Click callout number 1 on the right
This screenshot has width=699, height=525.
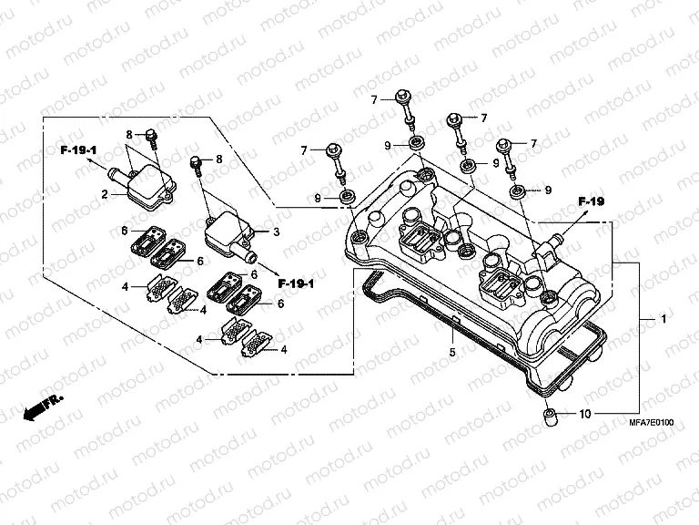664,320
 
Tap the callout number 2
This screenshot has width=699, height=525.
106,194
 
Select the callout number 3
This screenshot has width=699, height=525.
277,232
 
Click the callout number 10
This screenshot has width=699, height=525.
584,415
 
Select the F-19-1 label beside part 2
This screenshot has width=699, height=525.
79,149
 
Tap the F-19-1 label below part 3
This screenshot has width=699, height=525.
296,283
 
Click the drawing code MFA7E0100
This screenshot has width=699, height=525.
652,423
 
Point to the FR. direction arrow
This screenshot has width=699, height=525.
44,406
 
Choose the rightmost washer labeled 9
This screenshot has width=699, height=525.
517,190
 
